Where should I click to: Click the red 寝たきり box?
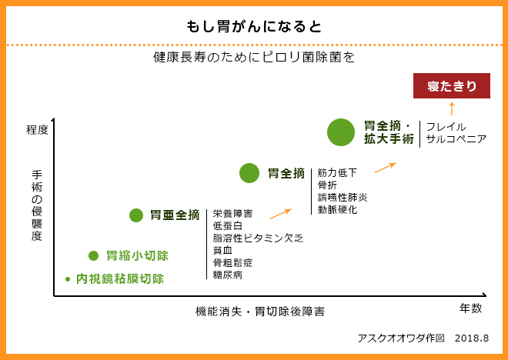pyautogui.click(x=451, y=86)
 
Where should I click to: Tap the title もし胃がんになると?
pyautogui.click(x=254, y=27)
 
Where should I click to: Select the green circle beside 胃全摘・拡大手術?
pyautogui.click(x=341, y=132)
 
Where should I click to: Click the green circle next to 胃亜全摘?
pyautogui.click(x=136, y=215)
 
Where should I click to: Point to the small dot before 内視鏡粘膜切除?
pyautogui.click(x=68, y=279)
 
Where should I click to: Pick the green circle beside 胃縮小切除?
pyautogui.click(x=93, y=255)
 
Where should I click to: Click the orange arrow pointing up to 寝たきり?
pyautogui.click(x=451, y=108)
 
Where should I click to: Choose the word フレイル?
pyautogui.click(x=446, y=127)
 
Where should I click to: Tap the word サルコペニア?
pyautogui.click(x=456, y=139)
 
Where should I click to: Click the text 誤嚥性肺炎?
pyautogui.click(x=343, y=197)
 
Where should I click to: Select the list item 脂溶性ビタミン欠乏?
pyautogui.click(x=258, y=238)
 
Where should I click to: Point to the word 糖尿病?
pyautogui.click(x=227, y=275)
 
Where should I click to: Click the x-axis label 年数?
pyautogui.click(x=470, y=308)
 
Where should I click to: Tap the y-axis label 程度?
pyautogui.click(x=37, y=130)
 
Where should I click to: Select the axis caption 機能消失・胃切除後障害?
pyautogui.click(x=260, y=312)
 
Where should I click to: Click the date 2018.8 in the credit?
pyautogui.click(x=472, y=338)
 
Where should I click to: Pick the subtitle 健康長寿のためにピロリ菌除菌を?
pyautogui.click(x=254, y=58)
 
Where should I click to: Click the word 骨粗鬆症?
pyautogui.click(x=232, y=263)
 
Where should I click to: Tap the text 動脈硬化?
pyautogui.click(x=337, y=209)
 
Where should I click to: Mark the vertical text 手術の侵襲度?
pyautogui.click(x=37, y=205)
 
